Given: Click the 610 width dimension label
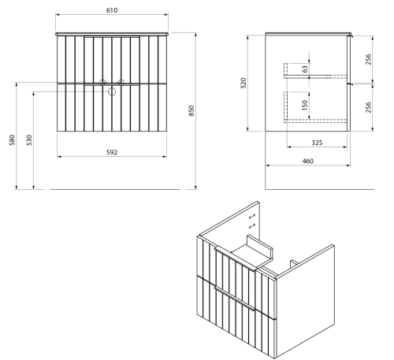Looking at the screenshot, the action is [112, 10].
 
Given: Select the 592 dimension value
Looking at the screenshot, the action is [112, 152].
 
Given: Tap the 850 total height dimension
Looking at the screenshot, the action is [191, 110].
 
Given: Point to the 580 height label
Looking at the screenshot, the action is [12, 140].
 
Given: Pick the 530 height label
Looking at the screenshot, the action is [29, 140].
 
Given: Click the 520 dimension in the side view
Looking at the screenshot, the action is [243, 83].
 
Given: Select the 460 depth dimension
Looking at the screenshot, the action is [308, 161].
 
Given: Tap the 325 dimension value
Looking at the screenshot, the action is [317, 143].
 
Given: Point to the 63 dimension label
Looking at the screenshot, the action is [305, 69].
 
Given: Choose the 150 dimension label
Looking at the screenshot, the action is [305, 105].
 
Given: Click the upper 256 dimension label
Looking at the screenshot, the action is [369, 59].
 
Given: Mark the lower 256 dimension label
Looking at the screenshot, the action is [369, 107].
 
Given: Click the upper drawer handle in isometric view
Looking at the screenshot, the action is [235, 259].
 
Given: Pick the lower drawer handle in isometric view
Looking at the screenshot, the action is [235, 299].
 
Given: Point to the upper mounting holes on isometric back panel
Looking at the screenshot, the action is [252, 217].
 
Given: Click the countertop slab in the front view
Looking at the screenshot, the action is [112, 34].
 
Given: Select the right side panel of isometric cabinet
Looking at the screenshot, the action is [305, 301].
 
